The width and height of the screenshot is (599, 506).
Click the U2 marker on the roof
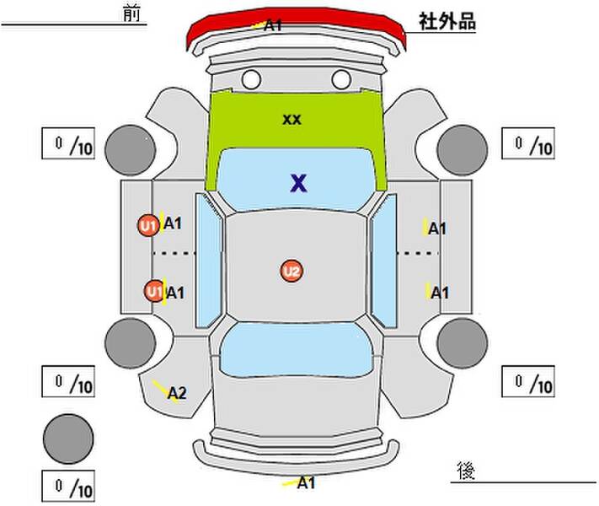[x=291, y=272]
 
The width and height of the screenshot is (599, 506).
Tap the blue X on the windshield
[x=298, y=183]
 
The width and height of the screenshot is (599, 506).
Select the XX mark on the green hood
[x=291, y=120]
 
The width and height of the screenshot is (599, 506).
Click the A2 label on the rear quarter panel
[x=177, y=393]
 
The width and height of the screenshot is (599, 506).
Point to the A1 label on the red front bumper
[x=273, y=25]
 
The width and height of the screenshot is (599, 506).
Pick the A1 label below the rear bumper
[x=306, y=482]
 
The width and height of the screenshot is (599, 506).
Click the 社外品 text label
[x=447, y=21]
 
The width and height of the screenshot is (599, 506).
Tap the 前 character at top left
[x=131, y=13]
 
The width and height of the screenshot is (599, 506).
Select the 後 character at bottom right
[x=466, y=471]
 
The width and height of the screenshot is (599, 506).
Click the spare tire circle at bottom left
[x=68, y=439]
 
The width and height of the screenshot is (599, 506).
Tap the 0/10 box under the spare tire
[x=68, y=486]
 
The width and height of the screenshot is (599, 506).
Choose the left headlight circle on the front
[x=251, y=79]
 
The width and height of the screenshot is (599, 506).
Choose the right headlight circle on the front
[x=341, y=79]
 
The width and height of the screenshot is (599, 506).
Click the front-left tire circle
[x=131, y=150]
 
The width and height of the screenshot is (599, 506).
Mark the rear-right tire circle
[x=463, y=343]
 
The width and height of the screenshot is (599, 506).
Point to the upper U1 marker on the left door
[x=148, y=226]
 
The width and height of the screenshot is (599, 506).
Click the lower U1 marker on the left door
[x=154, y=292]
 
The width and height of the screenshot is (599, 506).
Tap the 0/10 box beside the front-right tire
[x=528, y=143]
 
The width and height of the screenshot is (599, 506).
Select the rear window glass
[x=297, y=350]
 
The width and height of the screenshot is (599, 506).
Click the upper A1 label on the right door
[x=437, y=229]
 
